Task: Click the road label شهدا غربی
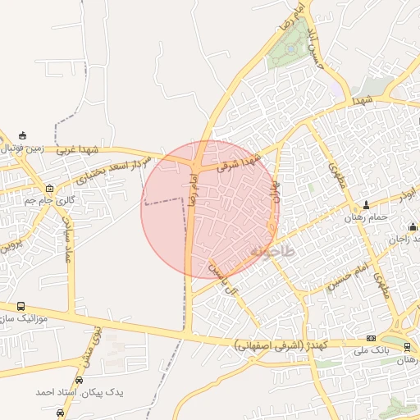pyautogui.click(x=78, y=150)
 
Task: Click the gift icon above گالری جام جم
pyautogui.click(x=49, y=188)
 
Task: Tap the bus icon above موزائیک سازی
pyautogui.click(x=21, y=306)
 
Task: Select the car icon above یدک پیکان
pyautogui.click(x=79, y=380)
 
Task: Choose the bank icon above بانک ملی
pyautogui.click(x=371, y=338)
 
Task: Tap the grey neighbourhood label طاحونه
pyautogui.click(x=272, y=250)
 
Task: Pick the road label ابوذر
pyautogui.click(x=407, y=196)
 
